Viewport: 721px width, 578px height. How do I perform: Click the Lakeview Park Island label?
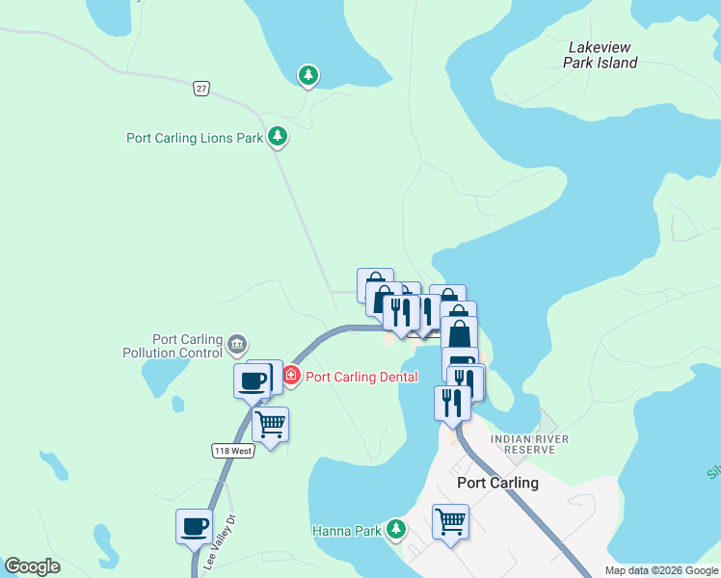pos(601,54)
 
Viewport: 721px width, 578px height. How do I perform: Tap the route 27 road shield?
pos(200,89)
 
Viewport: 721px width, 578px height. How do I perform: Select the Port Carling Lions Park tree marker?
pos(278,137)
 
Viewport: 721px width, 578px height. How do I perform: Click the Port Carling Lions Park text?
pos(195,138)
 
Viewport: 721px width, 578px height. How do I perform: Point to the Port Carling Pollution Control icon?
pos(237,342)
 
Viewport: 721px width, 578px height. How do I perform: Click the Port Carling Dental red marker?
pos(290,376)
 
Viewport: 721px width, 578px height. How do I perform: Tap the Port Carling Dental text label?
pos(361,377)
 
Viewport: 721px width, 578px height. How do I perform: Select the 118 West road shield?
pos(232,450)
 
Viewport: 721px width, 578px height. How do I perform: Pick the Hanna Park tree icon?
pos(395,529)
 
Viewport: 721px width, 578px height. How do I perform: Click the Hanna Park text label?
pos(347,531)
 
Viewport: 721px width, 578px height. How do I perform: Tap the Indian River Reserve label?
pos(522,444)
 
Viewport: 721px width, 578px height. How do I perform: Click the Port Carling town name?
pos(497,483)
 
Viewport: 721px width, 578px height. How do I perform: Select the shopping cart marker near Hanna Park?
pos(450,522)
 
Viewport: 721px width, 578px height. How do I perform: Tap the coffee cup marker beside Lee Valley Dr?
pos(194,526)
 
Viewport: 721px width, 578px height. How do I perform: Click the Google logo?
pos(32,566)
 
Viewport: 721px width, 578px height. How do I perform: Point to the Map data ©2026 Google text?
pos(661,570)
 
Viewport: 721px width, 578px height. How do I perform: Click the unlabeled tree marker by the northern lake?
pos(307,74)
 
